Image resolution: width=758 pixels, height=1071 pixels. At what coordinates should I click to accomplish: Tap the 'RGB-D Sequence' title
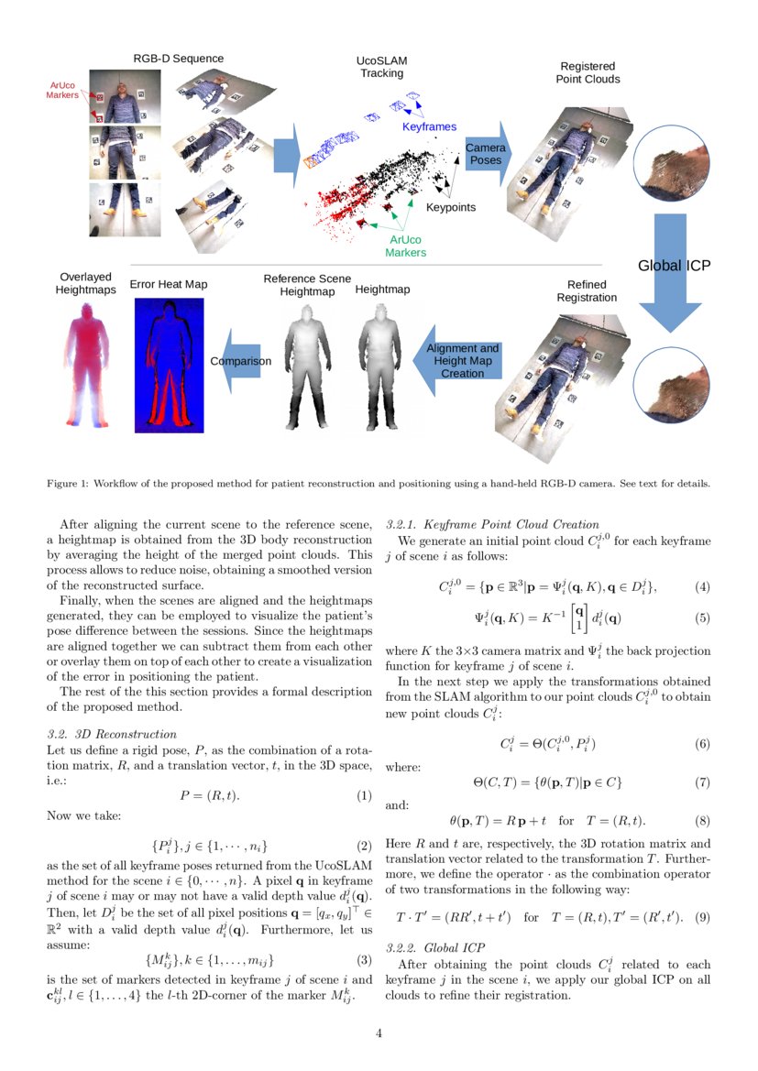point(171,59)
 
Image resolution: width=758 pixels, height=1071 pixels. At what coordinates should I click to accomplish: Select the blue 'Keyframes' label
point(429,126)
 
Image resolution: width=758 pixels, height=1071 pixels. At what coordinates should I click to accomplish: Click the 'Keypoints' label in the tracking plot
point(451,207)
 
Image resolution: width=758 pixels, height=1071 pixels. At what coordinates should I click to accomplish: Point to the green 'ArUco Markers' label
point(405,246)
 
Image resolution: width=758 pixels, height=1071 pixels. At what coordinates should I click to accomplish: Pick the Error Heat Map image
point(169,364)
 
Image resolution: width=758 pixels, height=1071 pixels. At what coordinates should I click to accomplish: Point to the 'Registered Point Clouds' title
point(588,72)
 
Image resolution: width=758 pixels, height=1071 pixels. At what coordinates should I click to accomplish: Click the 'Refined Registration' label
point(587,290)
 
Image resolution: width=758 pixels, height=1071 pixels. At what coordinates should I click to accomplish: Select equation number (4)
point(702,586)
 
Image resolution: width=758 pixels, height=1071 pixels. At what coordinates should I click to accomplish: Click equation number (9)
point(702,917)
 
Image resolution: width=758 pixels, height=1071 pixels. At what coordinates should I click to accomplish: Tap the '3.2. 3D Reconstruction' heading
point(111,734)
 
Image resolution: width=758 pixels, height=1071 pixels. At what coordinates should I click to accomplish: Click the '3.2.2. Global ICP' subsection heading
point(435,946)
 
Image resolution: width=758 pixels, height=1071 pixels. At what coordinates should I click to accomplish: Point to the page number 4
point(379,1033)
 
